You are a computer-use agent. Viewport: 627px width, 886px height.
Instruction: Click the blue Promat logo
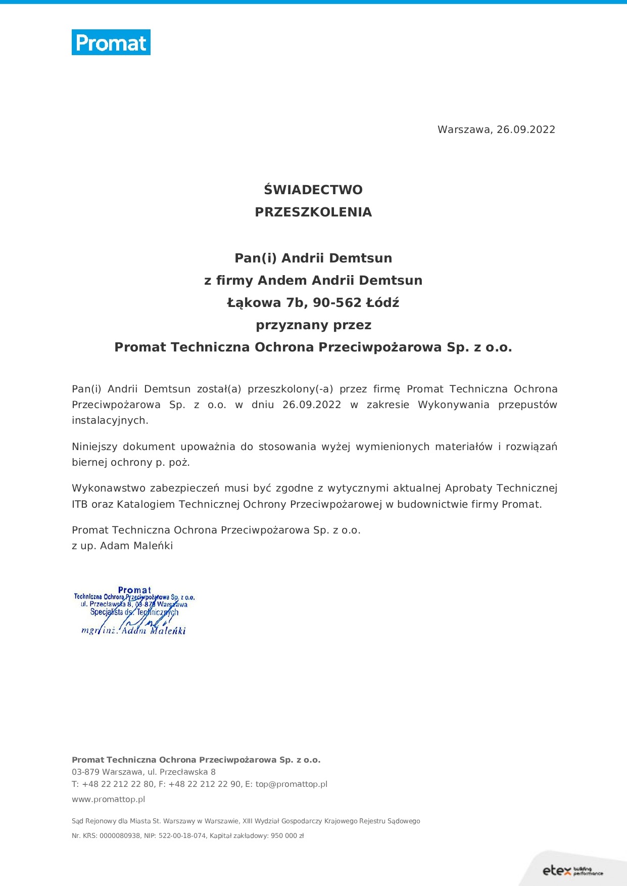[x=111, y=42]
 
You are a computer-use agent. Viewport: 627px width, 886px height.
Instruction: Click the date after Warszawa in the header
[x=525, y=129]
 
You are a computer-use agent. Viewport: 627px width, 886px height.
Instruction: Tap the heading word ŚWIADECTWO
[x=313, y=190]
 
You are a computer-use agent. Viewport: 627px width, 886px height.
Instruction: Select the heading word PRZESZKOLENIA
[x=313, y=212]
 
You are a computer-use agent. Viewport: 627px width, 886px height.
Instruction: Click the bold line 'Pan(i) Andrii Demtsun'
[x=313, y=258]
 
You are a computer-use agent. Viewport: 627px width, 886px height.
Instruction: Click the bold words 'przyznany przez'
[x=313, y=325]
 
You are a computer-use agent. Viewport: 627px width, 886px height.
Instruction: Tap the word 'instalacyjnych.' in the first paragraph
[x=110, y=420]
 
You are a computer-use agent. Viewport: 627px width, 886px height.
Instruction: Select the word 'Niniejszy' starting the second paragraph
[x=94, y=447]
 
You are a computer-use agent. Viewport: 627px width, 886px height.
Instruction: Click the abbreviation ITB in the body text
[x=80, y=504]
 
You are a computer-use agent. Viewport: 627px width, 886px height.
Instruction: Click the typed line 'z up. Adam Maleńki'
[x=122, y=546]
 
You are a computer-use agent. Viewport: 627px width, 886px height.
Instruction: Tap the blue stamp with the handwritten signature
[x=134, y=610]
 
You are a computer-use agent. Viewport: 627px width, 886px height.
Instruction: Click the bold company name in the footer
[x=196, y=760]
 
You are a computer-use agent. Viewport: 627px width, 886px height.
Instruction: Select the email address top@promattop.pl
[x=292, y=784]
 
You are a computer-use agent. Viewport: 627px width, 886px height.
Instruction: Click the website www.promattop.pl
[x=109, y=800]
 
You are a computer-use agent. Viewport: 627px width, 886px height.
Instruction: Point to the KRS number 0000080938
[x=120, y=836]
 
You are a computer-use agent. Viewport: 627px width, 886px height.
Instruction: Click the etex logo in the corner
[x=572, y=871]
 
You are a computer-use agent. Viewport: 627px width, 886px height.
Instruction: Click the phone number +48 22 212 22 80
[x=118, y=784]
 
